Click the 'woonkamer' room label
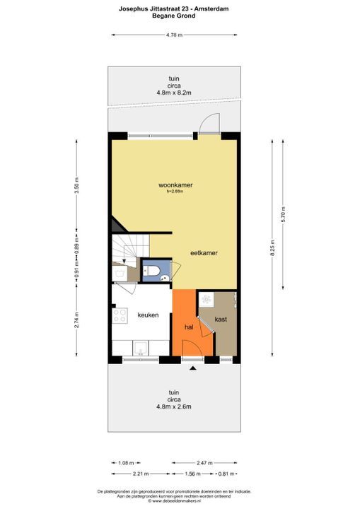click(x=175, y=185)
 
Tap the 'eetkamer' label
click(x=204, y=253)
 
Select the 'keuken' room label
click(x=148, y=315)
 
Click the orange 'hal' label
click(x=189, y=327)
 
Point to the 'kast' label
click(x=221, y=320)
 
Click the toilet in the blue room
click(x=151, y=270)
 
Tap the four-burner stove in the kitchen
click(x=120, y=315)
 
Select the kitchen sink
click(x=141, y=348)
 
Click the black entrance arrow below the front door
click(x=193, y=368)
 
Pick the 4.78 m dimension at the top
click(x=174, y=35)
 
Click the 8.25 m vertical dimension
click(x=272, y=248)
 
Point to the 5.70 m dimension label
click(x=283, y=214)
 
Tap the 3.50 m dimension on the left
click(x=76, y=185)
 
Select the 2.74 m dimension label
click(x=76, y=320)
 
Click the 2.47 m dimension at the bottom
click(x=204, y=462)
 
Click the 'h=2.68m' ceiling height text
click(x=175, y=192)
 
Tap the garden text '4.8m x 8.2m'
click(x=174, y=93)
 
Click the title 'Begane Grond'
click(x=174, y=16)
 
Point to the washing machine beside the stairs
click(x=120, y=274)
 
